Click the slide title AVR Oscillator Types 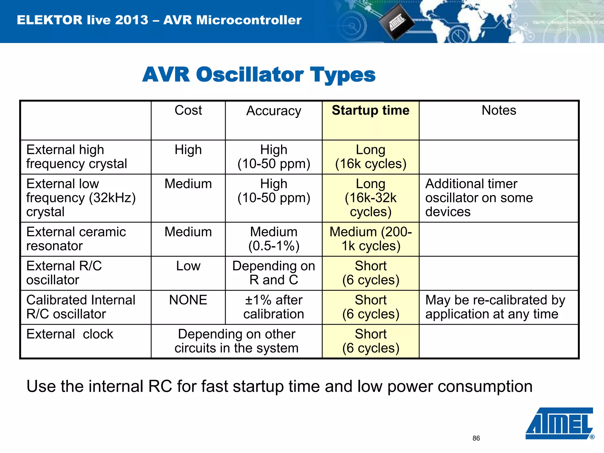coord(259,75)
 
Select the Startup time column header coord(370,111)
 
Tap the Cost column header coord(188,111)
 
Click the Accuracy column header coord(274,111)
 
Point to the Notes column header coord(499,111)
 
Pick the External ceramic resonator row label coord(76,239)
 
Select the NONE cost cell coord(188,300)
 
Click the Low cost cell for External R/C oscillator coord(188,266)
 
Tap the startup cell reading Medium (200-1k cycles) coord(370,239)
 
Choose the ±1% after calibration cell coord(274,307)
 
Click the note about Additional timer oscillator coord(479,198)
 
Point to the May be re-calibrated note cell coord(495,307)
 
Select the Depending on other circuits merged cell coord(237,341)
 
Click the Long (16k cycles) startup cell coord(370,157)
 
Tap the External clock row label coord(70,334)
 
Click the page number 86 coord(476,438)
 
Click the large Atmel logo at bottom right coord(559,423)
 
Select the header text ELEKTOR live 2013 coord(83,20)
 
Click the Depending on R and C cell coord(274,273)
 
